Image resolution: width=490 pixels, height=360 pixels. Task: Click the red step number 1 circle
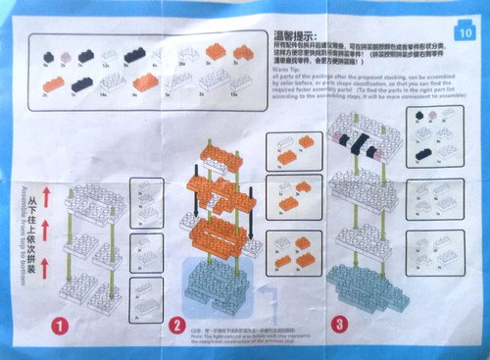click(x=60, y=323)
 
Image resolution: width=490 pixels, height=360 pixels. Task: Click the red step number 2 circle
click(x=177, y=325)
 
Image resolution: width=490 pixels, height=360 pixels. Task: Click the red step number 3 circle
click(x=337, y=320)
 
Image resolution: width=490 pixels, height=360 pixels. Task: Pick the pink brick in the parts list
click(x=66, y=57)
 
